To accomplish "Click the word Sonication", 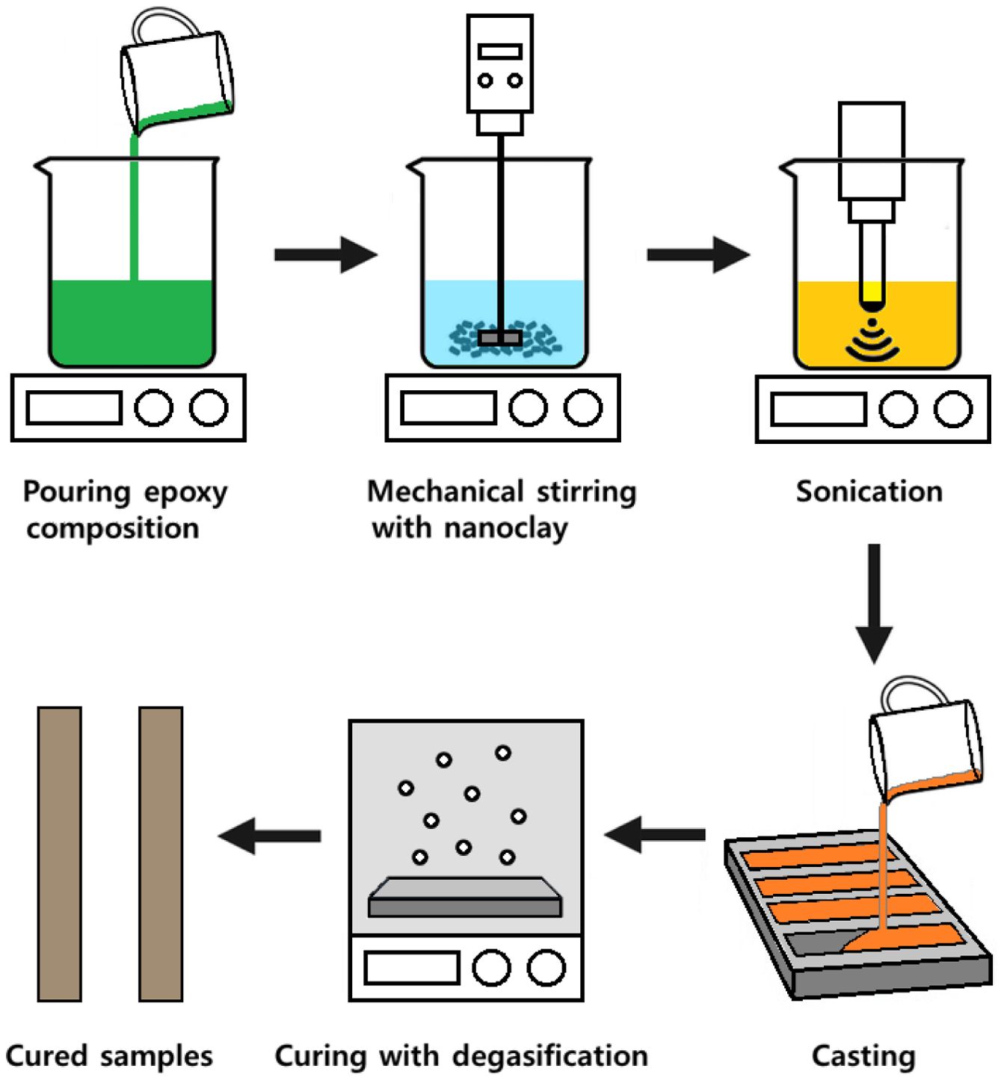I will [x=869, y=492].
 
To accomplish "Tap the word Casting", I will [x=863, y=1056].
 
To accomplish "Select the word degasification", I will [x=550, y=1056].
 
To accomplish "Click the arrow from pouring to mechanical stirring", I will [x=325, y=255].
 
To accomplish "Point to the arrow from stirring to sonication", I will [x=697, y=255].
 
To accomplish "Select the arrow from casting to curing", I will [x=655, y=835].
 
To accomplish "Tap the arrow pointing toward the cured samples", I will [x=270, y=836].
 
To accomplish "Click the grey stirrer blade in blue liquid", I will [x=499, y=339].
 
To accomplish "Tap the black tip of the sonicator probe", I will [x=871, y=304].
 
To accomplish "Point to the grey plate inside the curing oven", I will [x=465, y=897].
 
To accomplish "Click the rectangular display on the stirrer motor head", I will [x=500, y=51].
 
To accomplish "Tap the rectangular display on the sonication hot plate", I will [x=819, y=410].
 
